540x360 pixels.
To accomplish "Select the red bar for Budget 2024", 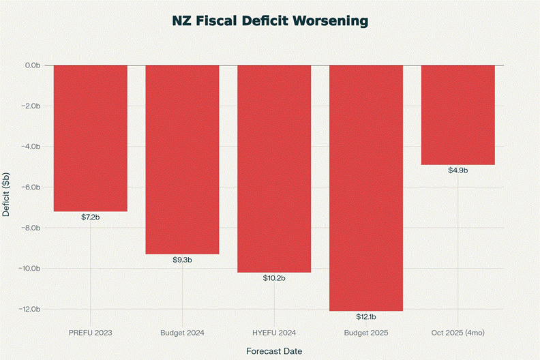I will (x=182, y=159).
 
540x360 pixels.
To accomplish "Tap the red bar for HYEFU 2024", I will (x=274, y=168).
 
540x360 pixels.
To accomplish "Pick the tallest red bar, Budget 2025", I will (x=366, y=187).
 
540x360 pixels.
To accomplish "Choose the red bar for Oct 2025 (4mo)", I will (x=458, y=115).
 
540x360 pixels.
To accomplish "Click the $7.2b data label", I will (x=90, y=217).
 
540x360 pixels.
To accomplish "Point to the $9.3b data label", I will (x=182, y=260).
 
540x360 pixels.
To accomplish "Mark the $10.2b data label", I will (x=274, y=278).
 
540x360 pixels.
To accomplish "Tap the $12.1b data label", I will (x=366, y=317).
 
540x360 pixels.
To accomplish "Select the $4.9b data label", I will (x=458, y=170).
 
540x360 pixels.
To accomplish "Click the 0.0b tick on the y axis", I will (x=32, y=65).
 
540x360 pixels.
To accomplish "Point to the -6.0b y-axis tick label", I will (x=31, y=187).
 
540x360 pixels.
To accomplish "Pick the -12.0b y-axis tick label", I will (x=29, y=310).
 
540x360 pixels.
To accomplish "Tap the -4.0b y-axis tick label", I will (x=31, y=147).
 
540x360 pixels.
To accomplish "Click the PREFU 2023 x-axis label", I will (x=90, y=333).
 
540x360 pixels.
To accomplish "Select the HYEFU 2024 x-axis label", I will (x=274, y=333).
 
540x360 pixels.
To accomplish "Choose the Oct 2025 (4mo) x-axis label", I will (x=458, y=333).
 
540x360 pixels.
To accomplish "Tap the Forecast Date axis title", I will (x=274, y=350).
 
